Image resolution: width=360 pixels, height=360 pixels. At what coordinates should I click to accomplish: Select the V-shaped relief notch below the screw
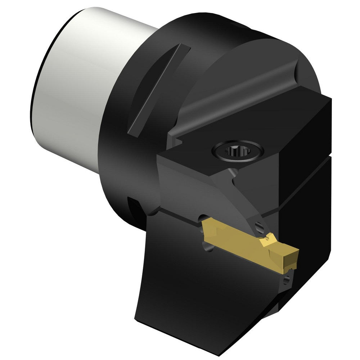pos(230,173)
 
